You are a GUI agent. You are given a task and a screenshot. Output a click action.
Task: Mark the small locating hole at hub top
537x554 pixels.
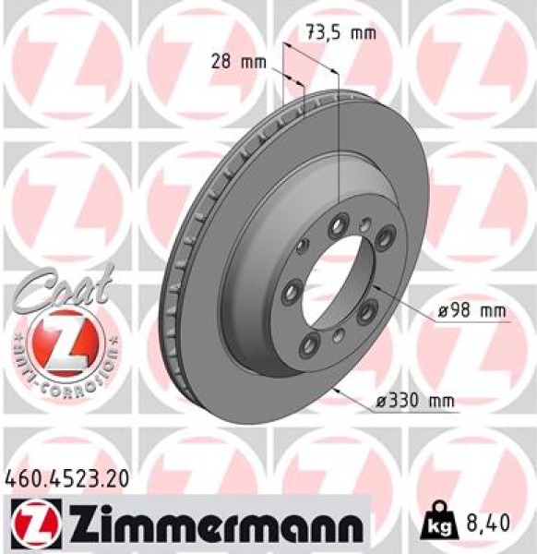click(x=367, y=222)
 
